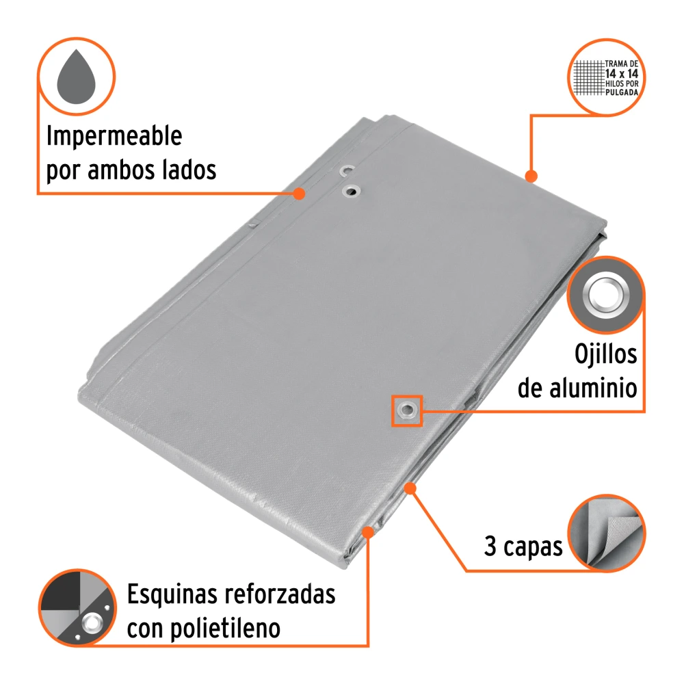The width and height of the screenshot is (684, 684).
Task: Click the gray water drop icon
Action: pyautogui.click(x=77, y=77)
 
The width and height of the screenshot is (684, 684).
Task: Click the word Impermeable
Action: pyautogui.click(x=114, y=137)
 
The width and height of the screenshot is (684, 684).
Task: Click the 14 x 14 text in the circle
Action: pyautogui.click(x=622, y=74)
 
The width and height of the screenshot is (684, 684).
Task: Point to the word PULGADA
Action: pyautogui.click(x=622, y=92)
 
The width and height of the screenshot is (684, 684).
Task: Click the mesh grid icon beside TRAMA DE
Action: pyautogui.click(x=589, y=78)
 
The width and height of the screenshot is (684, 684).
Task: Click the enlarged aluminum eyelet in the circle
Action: pyautogui.click(x=606, y=294)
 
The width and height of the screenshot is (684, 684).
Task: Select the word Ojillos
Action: pyautogui.click(x=605, y=354)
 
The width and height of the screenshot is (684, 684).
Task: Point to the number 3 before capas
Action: pyautogui.click(x=490, y=546)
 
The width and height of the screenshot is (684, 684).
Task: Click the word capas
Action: pyautogui.click(x=533, y=548)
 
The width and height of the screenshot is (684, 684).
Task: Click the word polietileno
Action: pyautogui.click(x=225, y=629)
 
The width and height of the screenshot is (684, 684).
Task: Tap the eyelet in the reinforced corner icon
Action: pyautogui.click(x=92, y=622)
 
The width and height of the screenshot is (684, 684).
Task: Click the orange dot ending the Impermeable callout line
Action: pyautogui.click(x=299, y=194)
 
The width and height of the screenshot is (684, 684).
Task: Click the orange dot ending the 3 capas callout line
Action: pyautogui.click(x=410, y=488)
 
